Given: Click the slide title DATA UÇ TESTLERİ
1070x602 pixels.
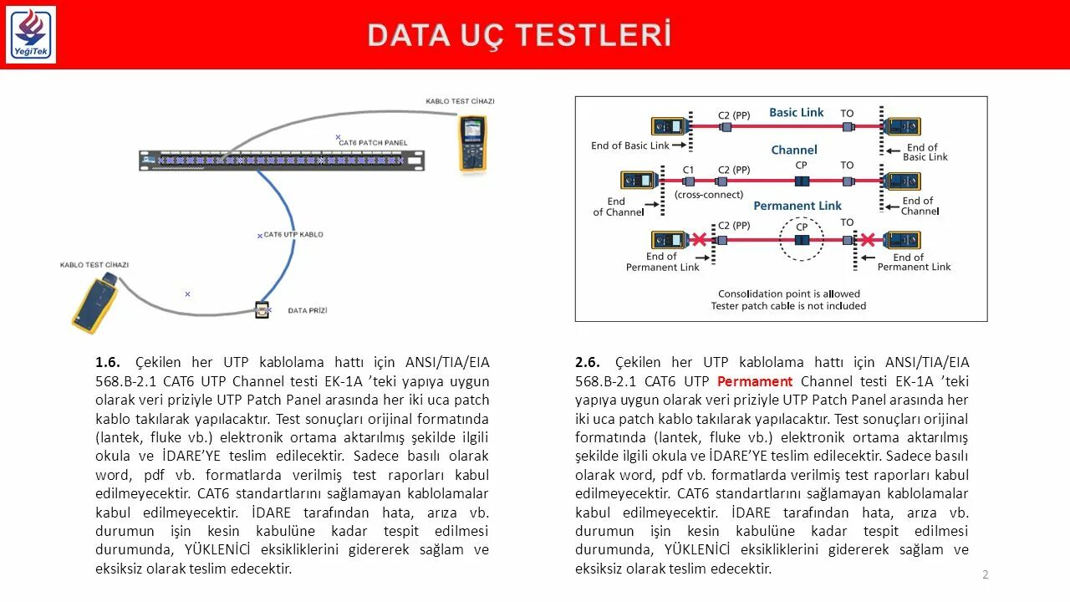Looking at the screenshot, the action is pos(519,35).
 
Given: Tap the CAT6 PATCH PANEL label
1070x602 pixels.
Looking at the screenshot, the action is pos(373,143).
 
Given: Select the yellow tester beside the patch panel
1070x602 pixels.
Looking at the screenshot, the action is pos(472,143).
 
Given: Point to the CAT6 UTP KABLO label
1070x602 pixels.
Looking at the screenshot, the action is pos(293,235).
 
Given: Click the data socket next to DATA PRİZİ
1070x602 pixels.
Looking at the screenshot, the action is pos(262,310).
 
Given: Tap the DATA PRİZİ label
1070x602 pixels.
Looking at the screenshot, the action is pos(308,310).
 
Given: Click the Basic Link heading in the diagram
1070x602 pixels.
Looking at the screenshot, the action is pos(796,112).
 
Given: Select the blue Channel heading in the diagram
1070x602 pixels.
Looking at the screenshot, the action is pos(794,150).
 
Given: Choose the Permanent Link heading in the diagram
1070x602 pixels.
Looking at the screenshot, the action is pos(797,206).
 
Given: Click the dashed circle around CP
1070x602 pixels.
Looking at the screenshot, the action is pos(802,239).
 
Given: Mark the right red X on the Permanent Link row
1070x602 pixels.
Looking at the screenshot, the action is pos(868,240).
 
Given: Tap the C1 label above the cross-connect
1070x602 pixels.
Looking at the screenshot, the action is pos(688,169).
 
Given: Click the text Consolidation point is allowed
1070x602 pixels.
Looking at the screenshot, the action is pos(788,293).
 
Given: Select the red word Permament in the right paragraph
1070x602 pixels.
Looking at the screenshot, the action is pos(755,381).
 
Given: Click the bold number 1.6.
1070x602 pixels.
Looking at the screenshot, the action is pos(108,362).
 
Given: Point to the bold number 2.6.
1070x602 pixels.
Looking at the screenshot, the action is pos(588,362).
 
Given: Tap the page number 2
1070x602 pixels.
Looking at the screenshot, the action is pos(986,574).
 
